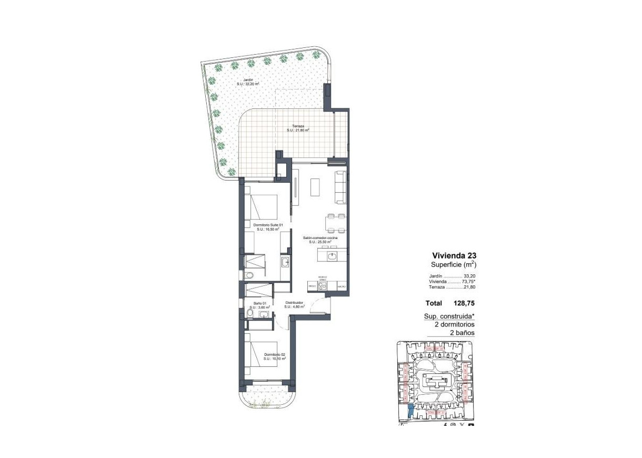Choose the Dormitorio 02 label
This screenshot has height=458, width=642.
[274, 356]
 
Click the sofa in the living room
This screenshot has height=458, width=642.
[341, 187]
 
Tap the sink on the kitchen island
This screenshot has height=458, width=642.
[332, 256]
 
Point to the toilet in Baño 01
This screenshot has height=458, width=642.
[250, 315]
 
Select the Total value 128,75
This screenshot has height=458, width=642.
[464, 303]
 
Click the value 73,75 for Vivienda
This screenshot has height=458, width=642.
[469, 282]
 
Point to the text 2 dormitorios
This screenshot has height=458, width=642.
[450, 325]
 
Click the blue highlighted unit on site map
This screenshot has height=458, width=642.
[410, 412]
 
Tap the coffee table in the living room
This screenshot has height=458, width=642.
[316, 187]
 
